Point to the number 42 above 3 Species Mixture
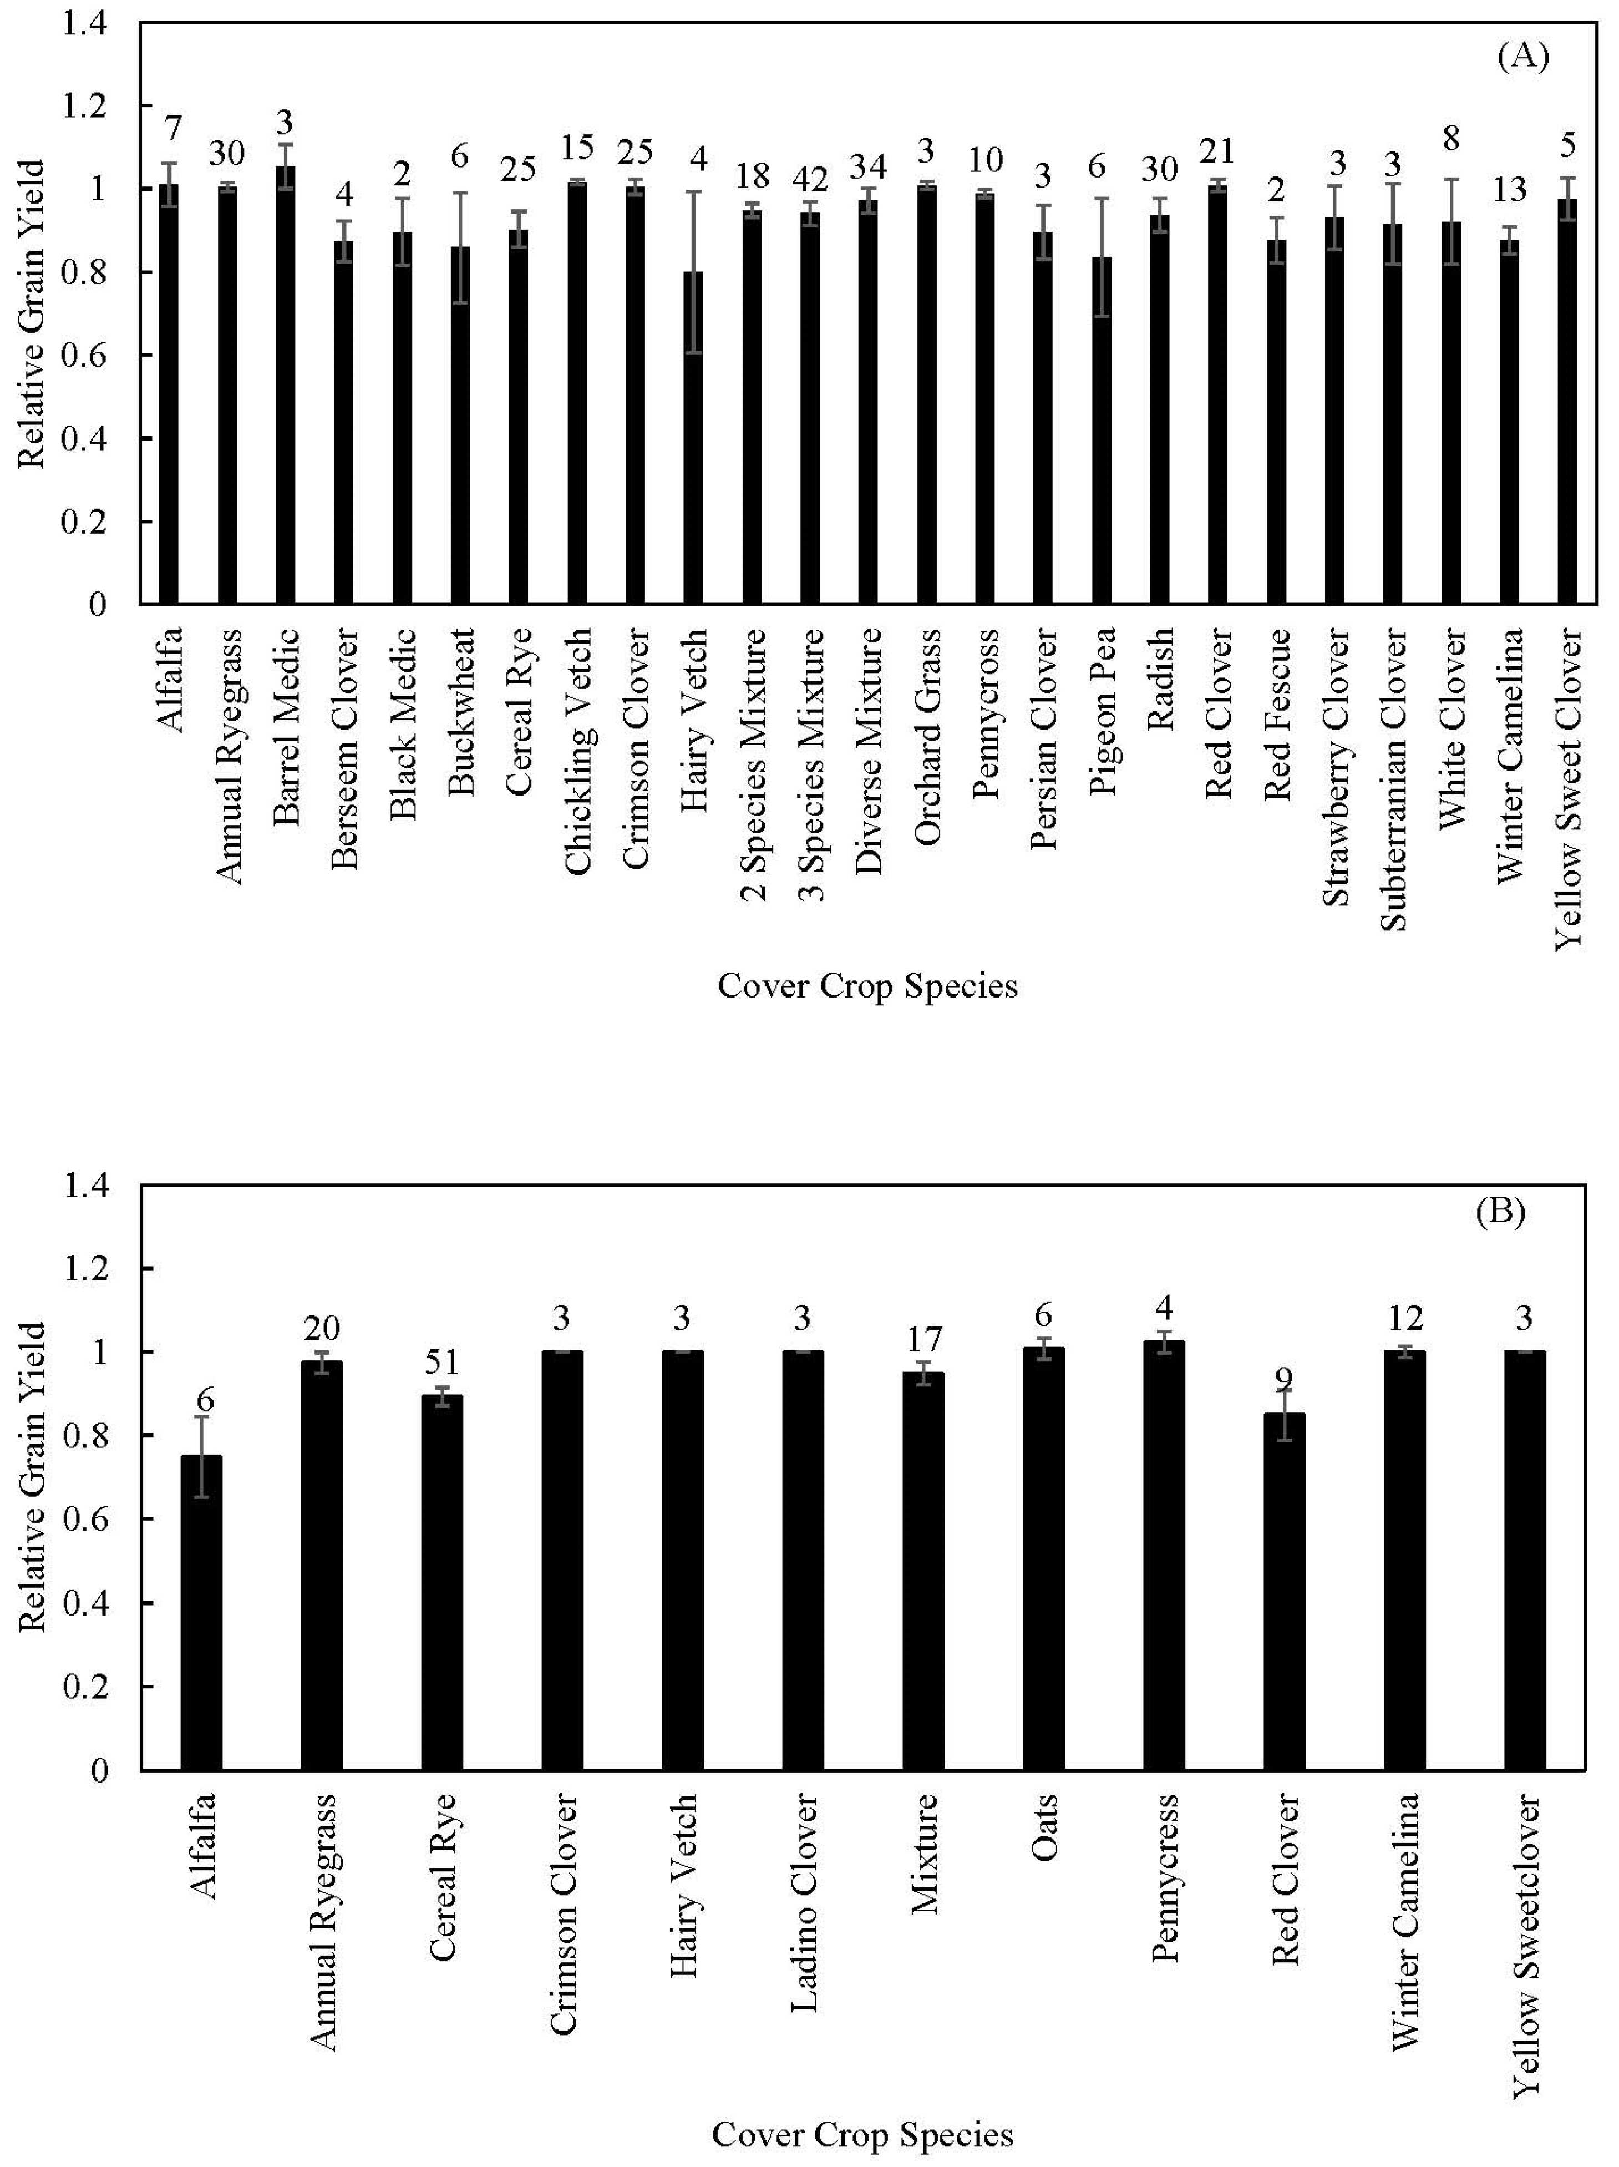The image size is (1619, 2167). (x=810, y=179)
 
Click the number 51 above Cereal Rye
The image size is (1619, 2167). (x=441, y=1363)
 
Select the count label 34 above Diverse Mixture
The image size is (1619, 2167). (x=868, y=166)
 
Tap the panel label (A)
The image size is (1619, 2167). (x=1523, y=56)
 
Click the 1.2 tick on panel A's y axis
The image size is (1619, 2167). (x=84, y=105)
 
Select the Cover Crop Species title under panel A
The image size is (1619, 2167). (x=867, y=985)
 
